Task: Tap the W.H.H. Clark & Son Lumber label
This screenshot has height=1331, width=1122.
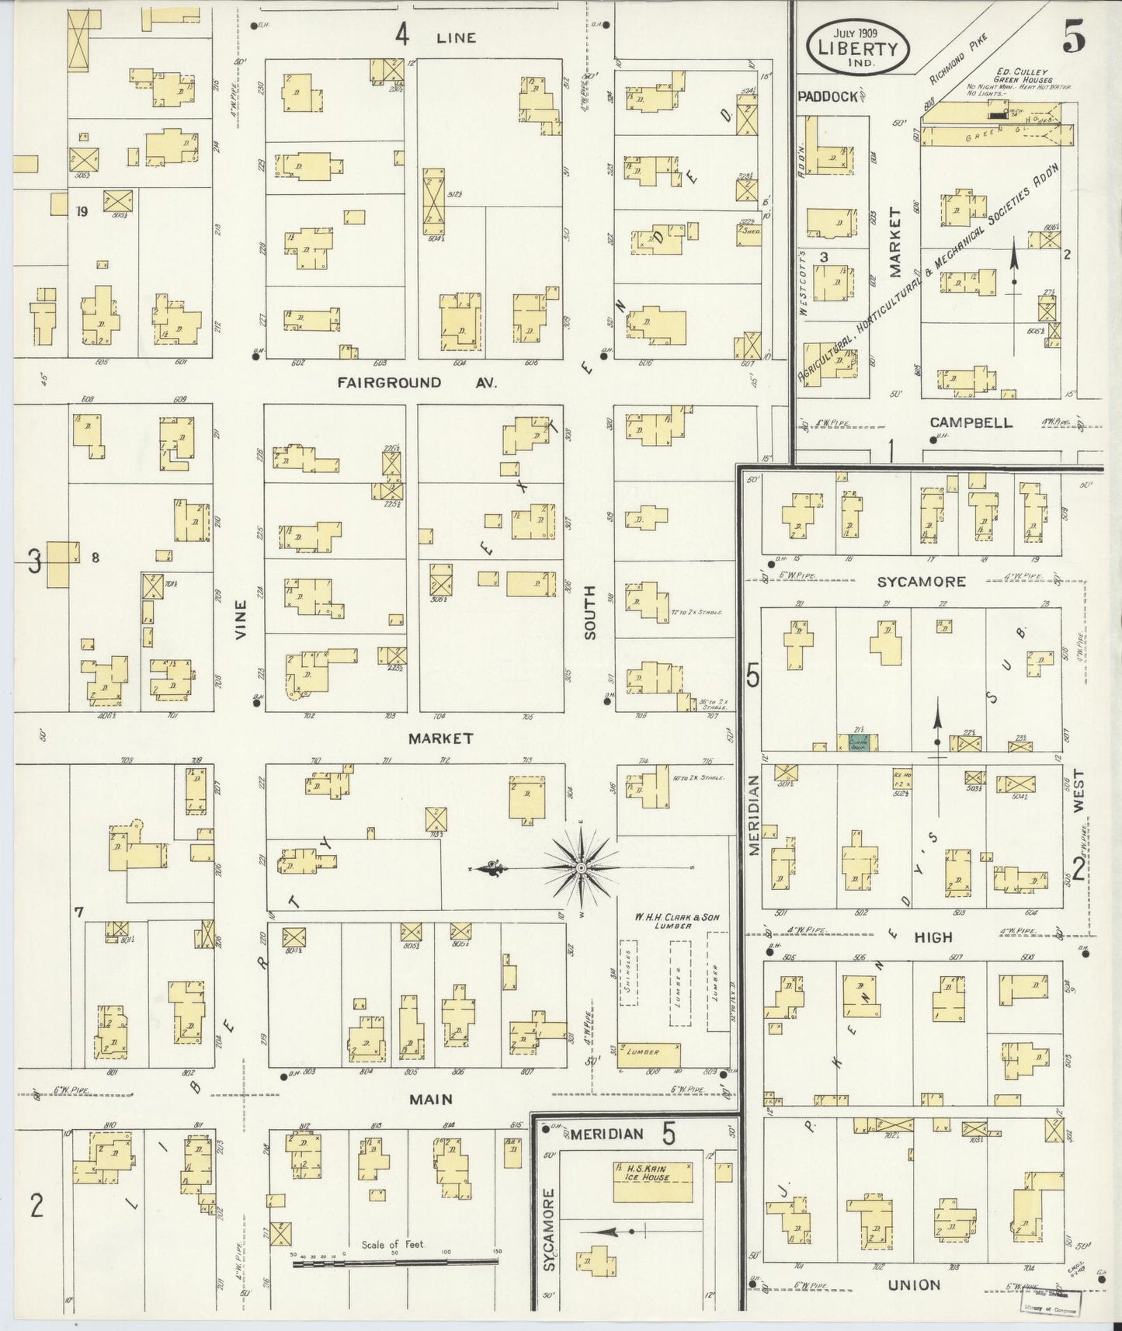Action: click(677, 921)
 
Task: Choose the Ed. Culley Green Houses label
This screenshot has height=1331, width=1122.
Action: click(1024, 75)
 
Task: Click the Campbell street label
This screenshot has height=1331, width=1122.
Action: click(971, 422)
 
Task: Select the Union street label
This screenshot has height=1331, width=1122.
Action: click(915, 1285)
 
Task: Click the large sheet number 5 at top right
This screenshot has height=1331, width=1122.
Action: click(1073, 40)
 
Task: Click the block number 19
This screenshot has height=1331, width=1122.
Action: click(81, 210)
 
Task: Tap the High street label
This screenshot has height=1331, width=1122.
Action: click(933, 937)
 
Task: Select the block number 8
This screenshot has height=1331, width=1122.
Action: click(95, 556)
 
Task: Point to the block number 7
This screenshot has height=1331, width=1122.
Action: click(79, 912)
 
